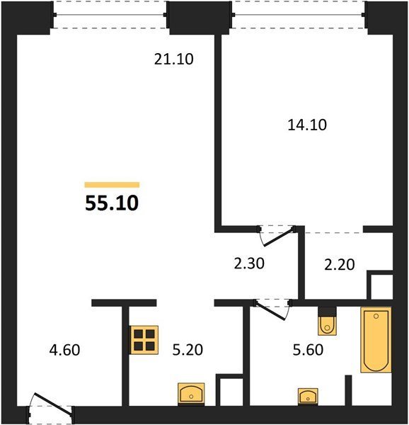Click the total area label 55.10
pyautogui.click(x=112, y=203)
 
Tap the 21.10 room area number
pyautogui.click(x=174, y=59)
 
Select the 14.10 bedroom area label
pyautogui.click(x=307, y=125)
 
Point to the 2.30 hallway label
pyautogui.click(x=249, y=263)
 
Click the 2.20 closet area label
pyautogui.click(x=340, y=264)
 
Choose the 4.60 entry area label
pyautogui.click(x=64, y=350)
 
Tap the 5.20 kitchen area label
pyautogui.click(x=188, y=350)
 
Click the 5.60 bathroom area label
pyautogui.click(x=308, y=350)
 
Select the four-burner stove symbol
pyautogui.click(x=144, y=340)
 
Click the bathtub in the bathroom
pyautogui.click(x=376, y=339)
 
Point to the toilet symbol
pyautogui.click(x=327, y=321)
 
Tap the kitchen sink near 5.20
pyautogui.click(x=191, y=395)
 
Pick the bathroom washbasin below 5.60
pyautogui.click(x=308, y=397)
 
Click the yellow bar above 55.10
pyautogui.click(x=112, y=185)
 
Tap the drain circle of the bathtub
pyautogui.click(x=376, y=317)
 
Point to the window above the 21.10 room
pyautogui.click(x=110, y=15)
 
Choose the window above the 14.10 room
pyautogui.click(x=299, y=15)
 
